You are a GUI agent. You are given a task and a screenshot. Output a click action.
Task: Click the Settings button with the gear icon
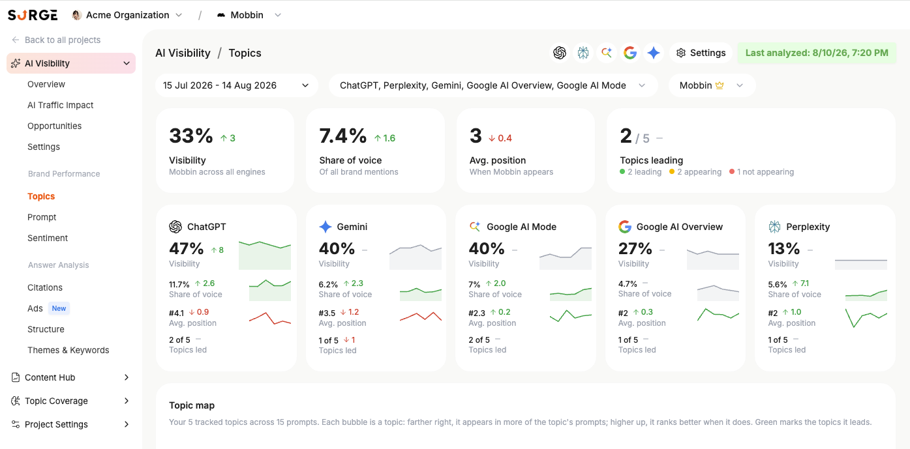(x=701, y=53)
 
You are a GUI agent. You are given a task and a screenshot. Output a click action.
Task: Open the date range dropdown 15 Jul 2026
(x=236, y=85)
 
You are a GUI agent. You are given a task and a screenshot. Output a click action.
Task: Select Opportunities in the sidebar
(x=54, y=126)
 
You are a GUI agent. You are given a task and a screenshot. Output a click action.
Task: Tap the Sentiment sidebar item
(x=48, y=238)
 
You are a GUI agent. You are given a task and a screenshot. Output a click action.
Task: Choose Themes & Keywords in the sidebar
(x=68, y=350)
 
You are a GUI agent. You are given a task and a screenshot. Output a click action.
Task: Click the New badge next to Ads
(x=59, y=308)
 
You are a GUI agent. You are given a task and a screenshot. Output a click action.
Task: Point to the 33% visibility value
(x=191, y=136)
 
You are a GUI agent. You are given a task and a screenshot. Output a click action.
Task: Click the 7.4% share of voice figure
(x=343, y=136)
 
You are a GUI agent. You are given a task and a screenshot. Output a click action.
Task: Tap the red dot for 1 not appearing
(x=732, y=172)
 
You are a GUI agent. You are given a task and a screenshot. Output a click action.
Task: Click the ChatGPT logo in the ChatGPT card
(x=175, y=227)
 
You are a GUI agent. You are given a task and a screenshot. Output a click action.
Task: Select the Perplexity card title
(x=808, y=227)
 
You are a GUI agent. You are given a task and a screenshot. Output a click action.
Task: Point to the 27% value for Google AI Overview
(x=635, y=248)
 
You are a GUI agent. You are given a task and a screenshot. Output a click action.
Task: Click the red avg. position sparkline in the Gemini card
(x=421, y=317)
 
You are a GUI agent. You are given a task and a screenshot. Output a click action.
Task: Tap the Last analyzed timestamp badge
(x=817, y=53)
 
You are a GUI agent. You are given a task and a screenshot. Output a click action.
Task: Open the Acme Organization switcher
(x=127, y=15)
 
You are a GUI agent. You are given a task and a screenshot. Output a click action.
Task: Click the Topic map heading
(x=192, y=405)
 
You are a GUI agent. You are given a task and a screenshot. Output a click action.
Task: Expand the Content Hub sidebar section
(x=70, y=377)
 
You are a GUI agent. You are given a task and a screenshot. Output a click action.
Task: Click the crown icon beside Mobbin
(x=720, y=85)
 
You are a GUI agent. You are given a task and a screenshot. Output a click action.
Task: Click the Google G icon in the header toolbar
(x=630, y=53)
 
